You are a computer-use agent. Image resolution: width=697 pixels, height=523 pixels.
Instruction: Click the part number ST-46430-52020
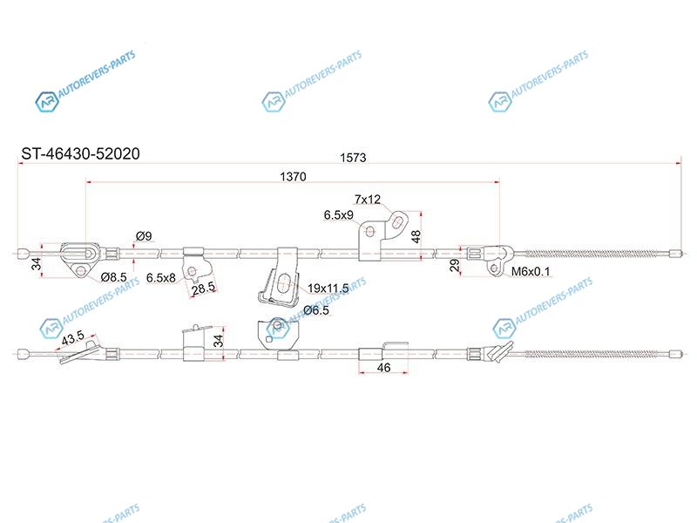80,154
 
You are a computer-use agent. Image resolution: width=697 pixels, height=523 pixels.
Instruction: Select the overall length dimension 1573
353,158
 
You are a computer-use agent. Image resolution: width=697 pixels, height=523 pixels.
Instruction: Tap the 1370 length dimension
293,177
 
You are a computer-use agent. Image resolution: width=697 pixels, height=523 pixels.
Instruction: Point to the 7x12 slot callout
368,200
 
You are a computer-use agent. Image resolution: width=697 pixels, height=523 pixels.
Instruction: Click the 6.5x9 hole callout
338,215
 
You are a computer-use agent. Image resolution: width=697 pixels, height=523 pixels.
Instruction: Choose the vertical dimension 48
416,236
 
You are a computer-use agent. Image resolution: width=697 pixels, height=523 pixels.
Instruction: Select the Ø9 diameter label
144,235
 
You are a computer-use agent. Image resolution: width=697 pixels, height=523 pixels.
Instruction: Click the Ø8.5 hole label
114,277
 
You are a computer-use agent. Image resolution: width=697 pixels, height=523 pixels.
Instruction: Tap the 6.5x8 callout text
161,278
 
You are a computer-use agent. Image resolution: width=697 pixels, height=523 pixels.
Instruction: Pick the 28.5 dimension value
203,289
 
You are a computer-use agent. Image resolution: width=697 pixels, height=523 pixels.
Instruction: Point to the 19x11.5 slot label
328,289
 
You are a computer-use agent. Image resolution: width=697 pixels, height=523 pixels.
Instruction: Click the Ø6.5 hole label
316,310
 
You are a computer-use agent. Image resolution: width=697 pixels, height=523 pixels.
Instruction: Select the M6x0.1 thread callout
531,271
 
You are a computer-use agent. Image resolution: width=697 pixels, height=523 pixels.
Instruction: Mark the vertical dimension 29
454,266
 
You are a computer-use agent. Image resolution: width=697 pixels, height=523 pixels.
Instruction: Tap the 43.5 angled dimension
73,338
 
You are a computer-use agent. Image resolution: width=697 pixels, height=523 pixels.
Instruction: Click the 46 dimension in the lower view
383,367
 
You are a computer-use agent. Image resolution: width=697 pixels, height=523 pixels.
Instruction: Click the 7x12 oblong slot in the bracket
398,221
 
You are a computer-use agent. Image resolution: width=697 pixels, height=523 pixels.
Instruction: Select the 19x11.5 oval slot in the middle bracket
283,283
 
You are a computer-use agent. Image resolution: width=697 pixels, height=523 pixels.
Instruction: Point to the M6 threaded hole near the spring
494,268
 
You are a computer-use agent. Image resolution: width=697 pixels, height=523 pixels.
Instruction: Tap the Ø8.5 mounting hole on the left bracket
80,270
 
